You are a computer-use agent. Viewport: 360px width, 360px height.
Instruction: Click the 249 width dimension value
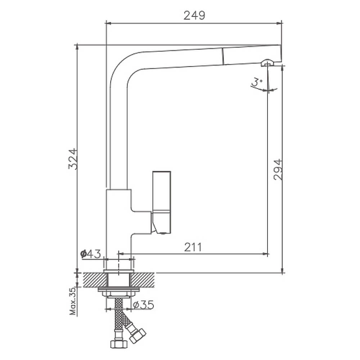pyautogui.click(x=194, y=15)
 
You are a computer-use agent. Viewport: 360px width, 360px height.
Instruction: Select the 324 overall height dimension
pyautogui.click(x=73, y=159)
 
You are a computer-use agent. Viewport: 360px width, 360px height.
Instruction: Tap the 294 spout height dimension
pyautogui.click(x=278, y=170)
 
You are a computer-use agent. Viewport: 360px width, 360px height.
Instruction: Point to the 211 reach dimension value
pyautogui.click(x=193, y=247)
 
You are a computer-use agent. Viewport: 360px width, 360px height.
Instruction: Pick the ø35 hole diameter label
pyautogui.click(x=143, y=305)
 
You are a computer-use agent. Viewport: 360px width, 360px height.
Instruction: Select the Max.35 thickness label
pyautogui.click(x=73, y=301)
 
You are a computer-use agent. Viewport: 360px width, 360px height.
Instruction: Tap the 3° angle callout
pyautogui.click(x=257, y=82)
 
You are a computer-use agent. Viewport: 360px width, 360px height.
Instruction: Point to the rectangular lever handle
pyautogui.click(x=162, y=202)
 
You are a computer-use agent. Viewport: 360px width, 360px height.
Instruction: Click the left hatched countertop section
pyautogui.click(x=95, y=280)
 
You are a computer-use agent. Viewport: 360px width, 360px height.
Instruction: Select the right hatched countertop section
pyautogui.click(x=143, y=280)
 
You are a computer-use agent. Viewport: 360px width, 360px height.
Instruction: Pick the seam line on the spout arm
pyautogui.click(x=223, y=56)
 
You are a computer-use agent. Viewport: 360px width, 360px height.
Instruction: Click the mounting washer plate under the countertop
pyautogui.click(x=119, y=289)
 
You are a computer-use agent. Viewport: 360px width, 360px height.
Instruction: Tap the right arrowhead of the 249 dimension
pyautogui.click(x=279, y=23)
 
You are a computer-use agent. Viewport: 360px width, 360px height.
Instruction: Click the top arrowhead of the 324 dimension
pyautogui.click(x=77, y=47)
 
